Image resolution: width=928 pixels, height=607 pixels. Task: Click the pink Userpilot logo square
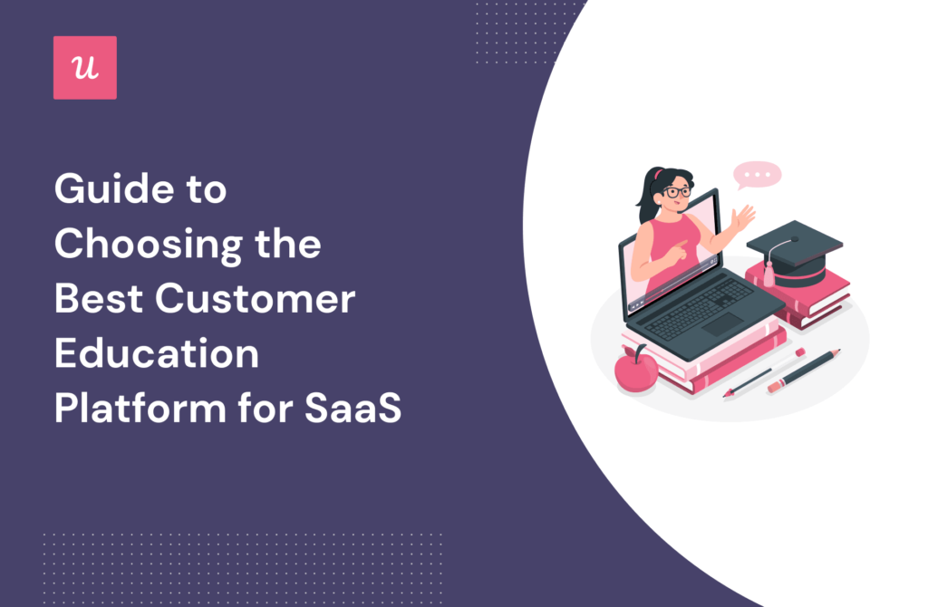coord(85,67)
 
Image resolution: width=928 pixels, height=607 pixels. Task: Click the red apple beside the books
coord(635,371)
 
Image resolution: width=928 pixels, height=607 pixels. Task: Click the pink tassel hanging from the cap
coord(768,273)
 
